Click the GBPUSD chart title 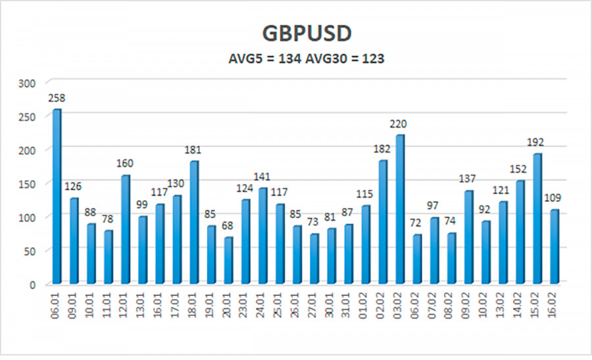point(295,34)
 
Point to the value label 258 point(57,98)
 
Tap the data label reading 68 point(228,226)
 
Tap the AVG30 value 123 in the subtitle point(372,58)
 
